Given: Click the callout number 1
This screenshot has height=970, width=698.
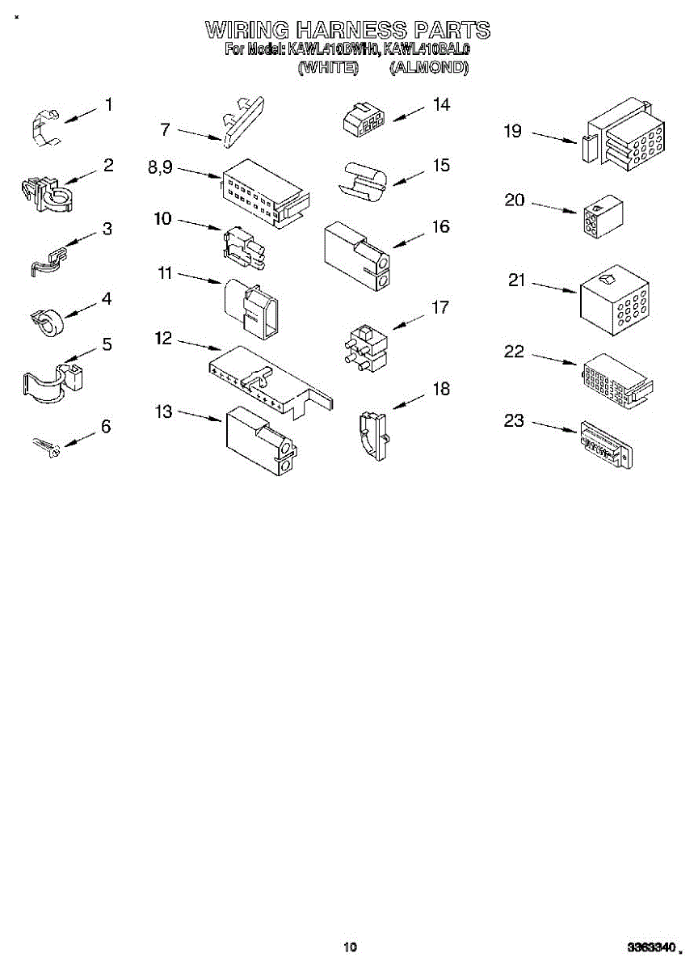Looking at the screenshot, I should [108, 104].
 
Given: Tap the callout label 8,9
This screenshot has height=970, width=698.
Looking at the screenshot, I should [160, 168].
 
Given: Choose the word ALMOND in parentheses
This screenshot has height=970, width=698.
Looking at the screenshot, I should [428, 68].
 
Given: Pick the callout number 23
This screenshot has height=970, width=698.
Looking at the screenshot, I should [514, 421].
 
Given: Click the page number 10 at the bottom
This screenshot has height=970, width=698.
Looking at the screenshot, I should [349, 947].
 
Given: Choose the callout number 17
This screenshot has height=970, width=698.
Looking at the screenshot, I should [440, 308].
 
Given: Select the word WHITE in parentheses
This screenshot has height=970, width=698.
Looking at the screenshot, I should [329, 68].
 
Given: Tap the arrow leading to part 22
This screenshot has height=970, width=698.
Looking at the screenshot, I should [553, 360].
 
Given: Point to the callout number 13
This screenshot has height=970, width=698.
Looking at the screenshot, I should [164, 412].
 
